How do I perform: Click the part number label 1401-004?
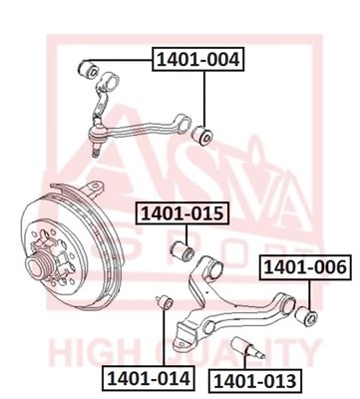coord(198,60)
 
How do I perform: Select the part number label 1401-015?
coord(182,213)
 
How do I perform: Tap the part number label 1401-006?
coord(305,267)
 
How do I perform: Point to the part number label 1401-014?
coord(149,378)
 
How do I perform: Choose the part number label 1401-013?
coord(255,381)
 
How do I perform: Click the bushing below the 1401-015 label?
coord(182,250)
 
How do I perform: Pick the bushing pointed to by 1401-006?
coord(306,315)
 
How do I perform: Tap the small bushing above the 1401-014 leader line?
coord(165,302)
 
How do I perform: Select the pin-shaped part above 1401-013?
coord(248,347)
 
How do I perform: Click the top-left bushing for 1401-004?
coord(88,69)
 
